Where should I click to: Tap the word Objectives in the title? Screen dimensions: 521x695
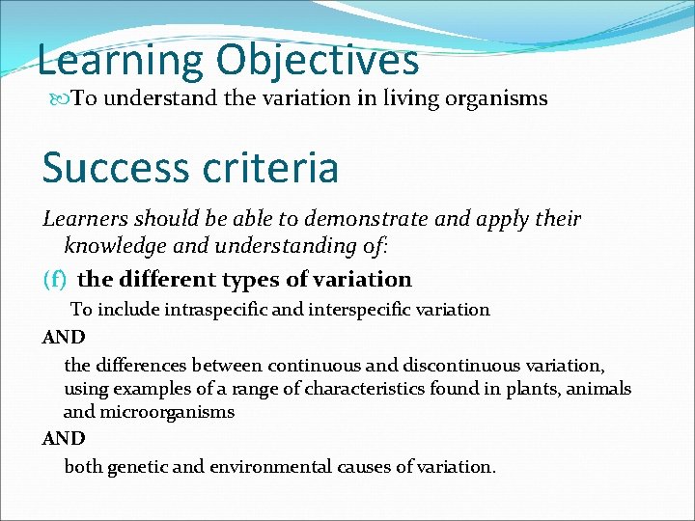click(x=318, y=60)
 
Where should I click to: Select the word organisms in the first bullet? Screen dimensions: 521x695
click(x=496, y=98)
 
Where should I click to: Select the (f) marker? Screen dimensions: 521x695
click(x=55, y=280)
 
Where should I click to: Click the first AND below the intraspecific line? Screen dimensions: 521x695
click(x=64, y=337)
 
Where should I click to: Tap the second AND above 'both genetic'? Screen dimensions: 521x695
click(x=64, y=439)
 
